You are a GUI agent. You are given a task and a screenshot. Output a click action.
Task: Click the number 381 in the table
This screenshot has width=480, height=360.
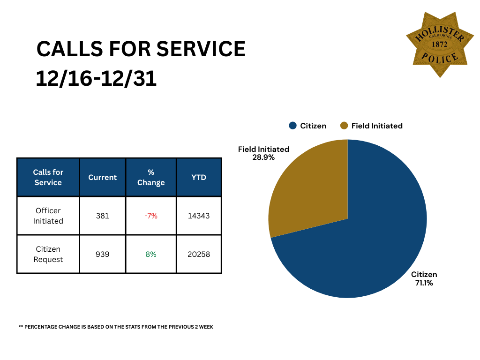click(x=102, y=216)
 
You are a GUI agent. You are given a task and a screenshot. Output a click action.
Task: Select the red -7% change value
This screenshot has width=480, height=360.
click(x=151, y=216)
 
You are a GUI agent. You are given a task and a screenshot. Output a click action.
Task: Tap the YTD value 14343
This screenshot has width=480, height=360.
click(x=199, y=216)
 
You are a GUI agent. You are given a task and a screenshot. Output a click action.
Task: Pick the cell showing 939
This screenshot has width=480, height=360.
click(x=102, y=254)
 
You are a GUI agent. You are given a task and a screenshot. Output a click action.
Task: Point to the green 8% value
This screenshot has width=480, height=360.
click(x=151, y=254)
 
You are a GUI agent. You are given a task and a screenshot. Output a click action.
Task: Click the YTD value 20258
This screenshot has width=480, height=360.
click(x=199, y=254)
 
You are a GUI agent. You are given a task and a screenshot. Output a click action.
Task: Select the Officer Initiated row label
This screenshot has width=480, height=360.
click(x=48, y=216)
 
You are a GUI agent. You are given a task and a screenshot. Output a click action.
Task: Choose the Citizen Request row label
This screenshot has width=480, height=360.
click(x=48, y=254)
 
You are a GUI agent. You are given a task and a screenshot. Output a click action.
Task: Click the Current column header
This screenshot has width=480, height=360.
click(x=102, y=177)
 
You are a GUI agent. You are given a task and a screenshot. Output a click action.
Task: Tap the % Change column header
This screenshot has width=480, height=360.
click(x=151, y=177)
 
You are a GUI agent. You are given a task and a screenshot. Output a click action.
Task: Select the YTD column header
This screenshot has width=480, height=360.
click(x=199, y=177)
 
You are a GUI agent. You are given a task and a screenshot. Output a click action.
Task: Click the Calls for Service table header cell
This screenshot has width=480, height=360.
click(x=48, y=177)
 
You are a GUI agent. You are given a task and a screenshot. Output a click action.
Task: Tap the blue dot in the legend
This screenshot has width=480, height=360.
click(x=293, y=126)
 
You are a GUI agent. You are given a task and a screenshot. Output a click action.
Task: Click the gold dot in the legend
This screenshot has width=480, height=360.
click(x=344, y=126)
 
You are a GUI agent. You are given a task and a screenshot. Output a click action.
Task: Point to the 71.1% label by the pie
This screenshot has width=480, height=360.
click(x=424, y=283)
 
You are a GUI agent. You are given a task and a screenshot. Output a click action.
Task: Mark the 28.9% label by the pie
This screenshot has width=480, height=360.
click(x=263, y=157)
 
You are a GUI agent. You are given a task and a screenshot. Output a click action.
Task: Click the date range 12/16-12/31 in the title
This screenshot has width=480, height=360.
click(x=96, y=79)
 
